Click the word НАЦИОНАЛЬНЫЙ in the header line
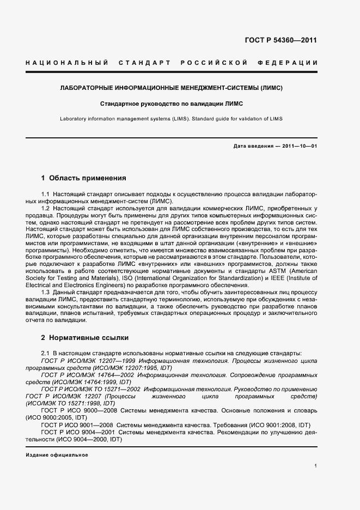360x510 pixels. coord(66,63)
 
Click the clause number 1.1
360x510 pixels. coord(46,195)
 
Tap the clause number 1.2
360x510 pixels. coord(46,209)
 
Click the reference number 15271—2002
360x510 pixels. coord(122,390)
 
